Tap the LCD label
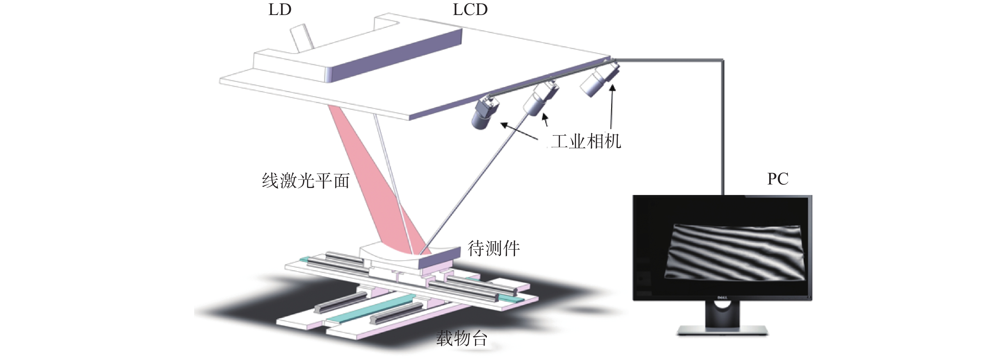[x=470, y=10]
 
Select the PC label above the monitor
[x=777, y=179]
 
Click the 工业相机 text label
[x=586, y=141]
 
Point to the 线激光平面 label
[x=306, y=181]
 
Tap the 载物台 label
[x=462, y=338]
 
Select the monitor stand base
[x=722, y=332]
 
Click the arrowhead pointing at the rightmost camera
[x=612, y=88]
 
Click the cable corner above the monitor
[x=722, y=60]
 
